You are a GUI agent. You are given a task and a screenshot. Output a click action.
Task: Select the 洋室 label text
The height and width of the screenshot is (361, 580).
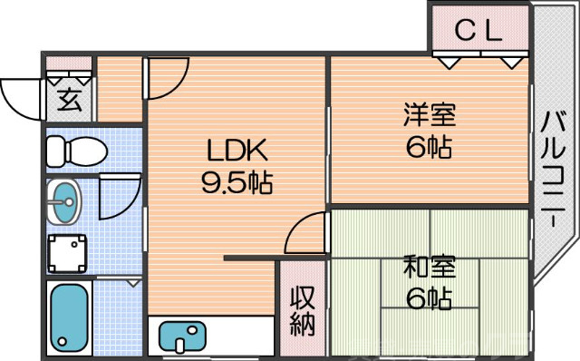coord(430,115)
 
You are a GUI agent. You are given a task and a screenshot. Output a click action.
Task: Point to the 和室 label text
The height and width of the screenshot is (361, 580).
coord(430,268)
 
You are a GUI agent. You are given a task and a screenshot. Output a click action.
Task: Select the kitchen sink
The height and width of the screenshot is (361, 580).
coord(185,336)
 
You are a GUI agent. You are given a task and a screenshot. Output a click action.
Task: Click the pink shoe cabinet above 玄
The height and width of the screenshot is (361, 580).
coord(69,64)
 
